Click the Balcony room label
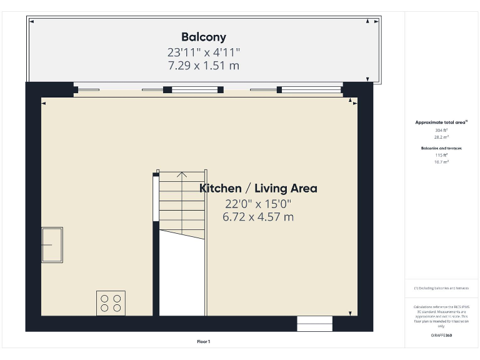204,37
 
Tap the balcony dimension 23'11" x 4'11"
204,52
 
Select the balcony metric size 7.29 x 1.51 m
204,65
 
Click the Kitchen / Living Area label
258,188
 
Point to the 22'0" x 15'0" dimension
258,204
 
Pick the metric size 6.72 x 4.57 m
258,217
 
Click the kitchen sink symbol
52,245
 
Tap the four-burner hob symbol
111,303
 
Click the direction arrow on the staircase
182,175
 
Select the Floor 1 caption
204,342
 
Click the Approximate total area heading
441,122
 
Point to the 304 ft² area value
441,130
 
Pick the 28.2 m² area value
441,136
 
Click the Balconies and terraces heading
441,148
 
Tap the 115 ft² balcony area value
441,155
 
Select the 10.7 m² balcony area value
441,161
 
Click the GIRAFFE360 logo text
441,336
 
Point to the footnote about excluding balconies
441,288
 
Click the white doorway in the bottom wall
314,324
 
